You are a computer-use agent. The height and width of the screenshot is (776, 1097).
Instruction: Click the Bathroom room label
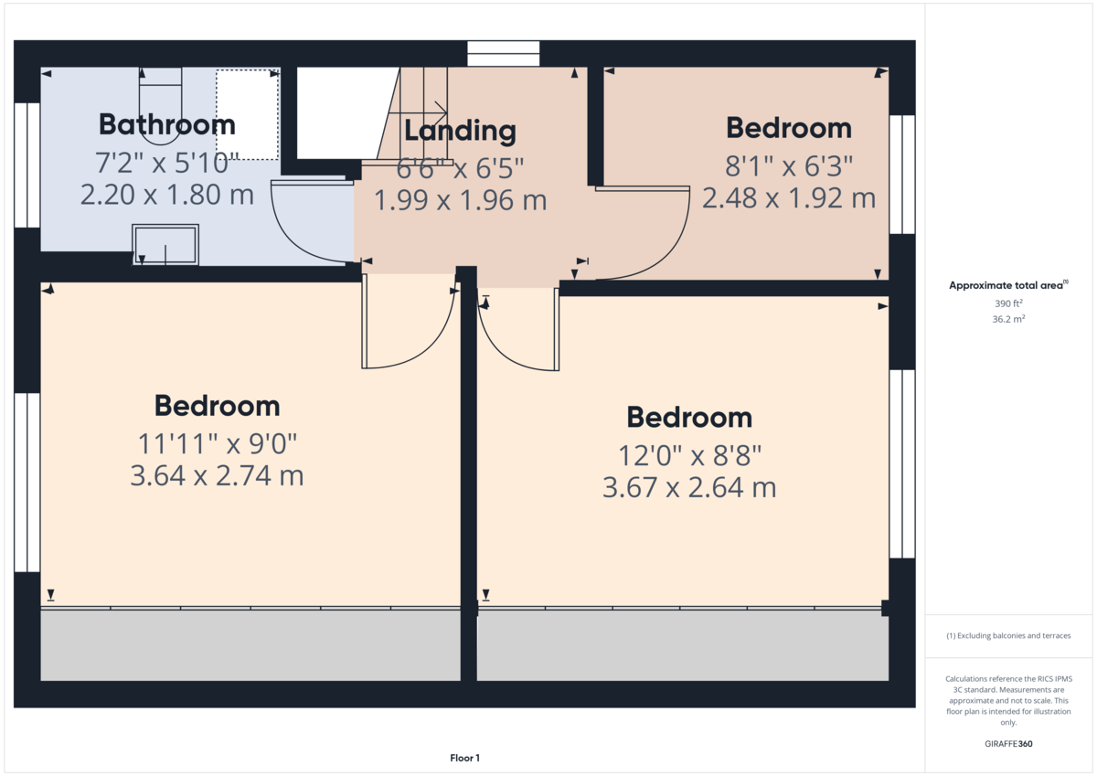[x=167, y=124]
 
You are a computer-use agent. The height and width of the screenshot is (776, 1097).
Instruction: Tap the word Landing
[x=460, y=131]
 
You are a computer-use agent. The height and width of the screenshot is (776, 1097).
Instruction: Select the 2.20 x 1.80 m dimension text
[x=167, y=195]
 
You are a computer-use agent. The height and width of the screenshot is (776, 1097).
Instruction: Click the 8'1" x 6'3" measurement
[x=788, y=165]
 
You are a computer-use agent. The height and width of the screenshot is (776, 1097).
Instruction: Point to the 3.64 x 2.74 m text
[x=217, y=475]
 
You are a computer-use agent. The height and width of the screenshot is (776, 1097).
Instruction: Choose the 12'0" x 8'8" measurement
[x=689, y=455]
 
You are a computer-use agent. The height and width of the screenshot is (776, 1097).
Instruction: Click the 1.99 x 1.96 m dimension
[x=460, y=200]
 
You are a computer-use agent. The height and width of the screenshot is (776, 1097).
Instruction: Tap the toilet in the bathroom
[x=161, y=106]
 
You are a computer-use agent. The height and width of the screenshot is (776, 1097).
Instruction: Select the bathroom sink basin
[x=165, y=245]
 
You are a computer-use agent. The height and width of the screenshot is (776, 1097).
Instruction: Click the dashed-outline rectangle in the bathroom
[x=248, y=114]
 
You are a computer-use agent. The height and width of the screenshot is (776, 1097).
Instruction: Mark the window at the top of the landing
[x=503, y=53]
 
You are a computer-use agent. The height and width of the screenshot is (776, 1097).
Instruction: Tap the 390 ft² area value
[x=1008, y=303]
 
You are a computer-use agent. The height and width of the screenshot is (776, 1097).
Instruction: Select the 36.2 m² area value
[x=1008, y=319]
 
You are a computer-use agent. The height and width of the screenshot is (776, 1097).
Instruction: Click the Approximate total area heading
[x=1008, y=285]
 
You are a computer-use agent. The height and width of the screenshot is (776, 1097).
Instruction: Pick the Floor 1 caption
[x=464, y=758]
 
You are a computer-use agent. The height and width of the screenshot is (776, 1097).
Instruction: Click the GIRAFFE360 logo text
[x=1008, y=744]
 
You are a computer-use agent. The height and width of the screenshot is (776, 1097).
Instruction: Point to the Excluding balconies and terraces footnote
[x=1008, y=635]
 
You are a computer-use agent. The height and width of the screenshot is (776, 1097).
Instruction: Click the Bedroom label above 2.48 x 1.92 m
[x=788, y=128]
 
